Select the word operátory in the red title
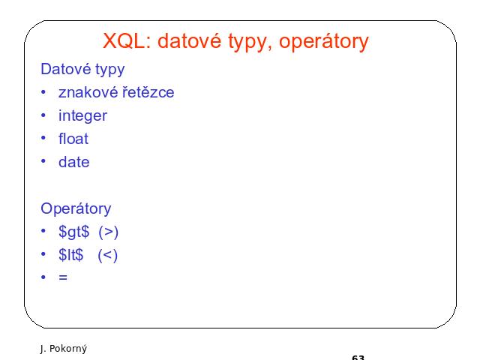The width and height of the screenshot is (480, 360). click(x=323, y=42)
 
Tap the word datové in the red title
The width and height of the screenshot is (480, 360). click(x=189, y=40)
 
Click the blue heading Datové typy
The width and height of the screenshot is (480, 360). click(x=82, y=70)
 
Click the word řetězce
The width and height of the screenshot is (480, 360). click(x=148, y=92)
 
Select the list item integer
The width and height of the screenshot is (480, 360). click(x=82, y=116)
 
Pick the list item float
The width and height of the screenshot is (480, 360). click(x=73, y=139)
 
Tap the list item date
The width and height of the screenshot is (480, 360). click(x=73, y=162)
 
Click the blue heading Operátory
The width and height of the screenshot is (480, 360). click(x=76, y=209)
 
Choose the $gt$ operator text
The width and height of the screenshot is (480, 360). click(x=73, y=232)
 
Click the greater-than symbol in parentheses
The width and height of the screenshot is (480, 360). click(x=108, y=232)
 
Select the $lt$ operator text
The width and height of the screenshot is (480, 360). click(x=70, y=255)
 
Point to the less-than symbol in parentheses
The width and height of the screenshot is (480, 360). click(x=108, y=255)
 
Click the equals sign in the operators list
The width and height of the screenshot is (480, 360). click(x=63, y=277)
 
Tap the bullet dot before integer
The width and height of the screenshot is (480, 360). click(x=43, y=115)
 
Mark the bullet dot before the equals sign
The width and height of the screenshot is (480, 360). click(x=43, y=277)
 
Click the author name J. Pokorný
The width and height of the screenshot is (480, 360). click(x=63, y=348)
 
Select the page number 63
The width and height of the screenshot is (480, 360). click(x=358, y=357)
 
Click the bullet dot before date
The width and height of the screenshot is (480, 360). click(x=43, y=161)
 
